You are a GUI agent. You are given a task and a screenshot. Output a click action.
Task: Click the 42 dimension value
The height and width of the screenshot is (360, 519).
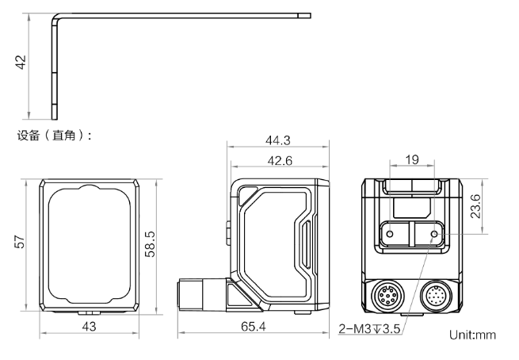pos(21,63)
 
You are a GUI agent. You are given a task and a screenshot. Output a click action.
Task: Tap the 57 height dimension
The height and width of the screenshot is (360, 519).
pos(20,242)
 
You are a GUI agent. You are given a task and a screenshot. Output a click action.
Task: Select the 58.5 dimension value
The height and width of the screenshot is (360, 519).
pos(150,244)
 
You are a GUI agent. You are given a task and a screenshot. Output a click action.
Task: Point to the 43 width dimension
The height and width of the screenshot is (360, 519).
pos(89,327)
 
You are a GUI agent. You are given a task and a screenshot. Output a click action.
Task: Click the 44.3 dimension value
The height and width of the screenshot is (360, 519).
pos(277,140)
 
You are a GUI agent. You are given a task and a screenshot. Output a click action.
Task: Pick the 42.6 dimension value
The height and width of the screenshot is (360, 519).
pos(280,161)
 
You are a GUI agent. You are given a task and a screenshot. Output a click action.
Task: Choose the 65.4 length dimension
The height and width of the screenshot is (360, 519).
pos(254,327)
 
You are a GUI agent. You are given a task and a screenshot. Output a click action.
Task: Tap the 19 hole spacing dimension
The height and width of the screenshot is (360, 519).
pos(412,159)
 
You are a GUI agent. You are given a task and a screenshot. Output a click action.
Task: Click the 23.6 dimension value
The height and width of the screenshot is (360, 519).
pos(475,206)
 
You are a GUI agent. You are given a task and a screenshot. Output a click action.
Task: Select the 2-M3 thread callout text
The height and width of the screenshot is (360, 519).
pos(369,329)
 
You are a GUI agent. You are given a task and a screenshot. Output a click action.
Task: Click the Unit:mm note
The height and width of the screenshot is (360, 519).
pos(473,335)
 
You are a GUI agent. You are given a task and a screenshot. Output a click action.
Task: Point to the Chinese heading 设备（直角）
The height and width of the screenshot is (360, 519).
pos(54,135)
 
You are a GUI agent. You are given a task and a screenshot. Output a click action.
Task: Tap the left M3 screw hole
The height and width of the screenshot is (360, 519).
pos(391,234)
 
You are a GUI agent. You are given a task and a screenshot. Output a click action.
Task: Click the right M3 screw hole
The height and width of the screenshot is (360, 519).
pos(434,234)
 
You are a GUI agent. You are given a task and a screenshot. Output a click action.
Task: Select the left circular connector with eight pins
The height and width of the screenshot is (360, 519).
pos(386,294)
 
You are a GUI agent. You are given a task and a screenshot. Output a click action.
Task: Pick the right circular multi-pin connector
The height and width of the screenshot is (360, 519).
pos(435,294)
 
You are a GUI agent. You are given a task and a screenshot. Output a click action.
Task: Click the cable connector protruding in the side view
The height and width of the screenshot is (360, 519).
pos(202,294)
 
